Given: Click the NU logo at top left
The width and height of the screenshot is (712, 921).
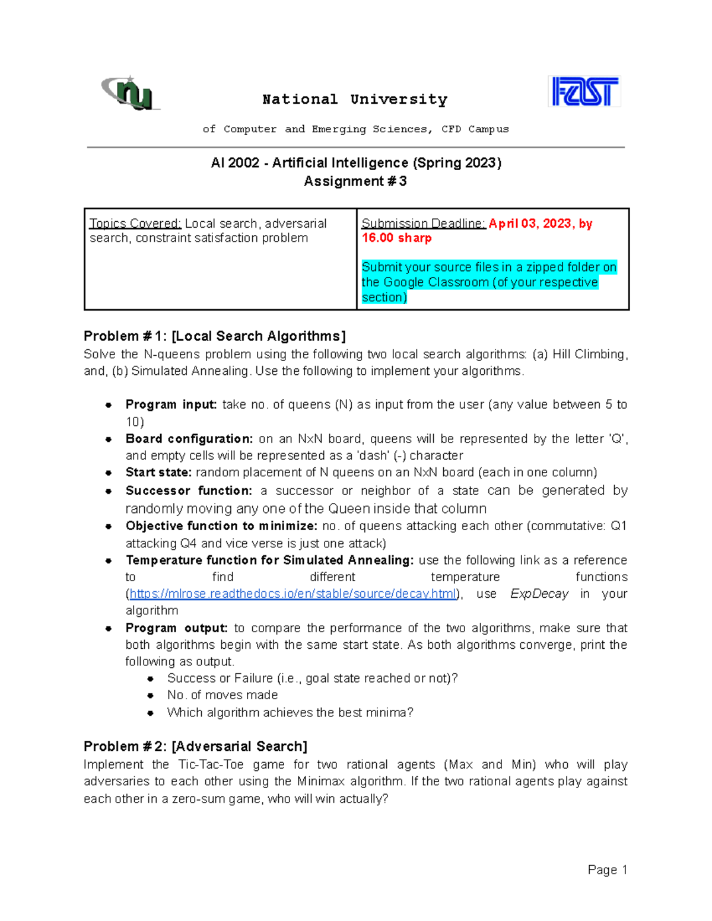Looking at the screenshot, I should (131, 93).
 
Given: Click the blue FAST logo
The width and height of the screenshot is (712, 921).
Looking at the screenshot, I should (584, 92).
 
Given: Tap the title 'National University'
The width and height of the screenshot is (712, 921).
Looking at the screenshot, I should (355, 99).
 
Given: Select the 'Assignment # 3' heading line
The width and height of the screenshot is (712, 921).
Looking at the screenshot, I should (355, 181).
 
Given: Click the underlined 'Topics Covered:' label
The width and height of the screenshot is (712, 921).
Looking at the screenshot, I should (135, 224).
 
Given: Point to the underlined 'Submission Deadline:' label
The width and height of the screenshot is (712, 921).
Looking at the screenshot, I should (424, 224).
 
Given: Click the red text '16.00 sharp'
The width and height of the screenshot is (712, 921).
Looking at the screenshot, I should (396, 238).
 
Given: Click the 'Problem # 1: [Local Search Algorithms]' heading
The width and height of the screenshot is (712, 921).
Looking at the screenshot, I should (214, 336).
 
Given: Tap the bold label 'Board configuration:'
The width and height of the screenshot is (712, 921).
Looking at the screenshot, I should (189, 439).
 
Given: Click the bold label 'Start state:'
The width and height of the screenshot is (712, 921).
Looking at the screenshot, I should (158, 473).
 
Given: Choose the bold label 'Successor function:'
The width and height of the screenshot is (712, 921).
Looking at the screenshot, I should (189, 490).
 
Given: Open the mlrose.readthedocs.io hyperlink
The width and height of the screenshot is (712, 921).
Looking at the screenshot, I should (293, 594).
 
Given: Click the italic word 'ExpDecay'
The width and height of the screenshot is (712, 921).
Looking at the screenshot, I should (539, 594).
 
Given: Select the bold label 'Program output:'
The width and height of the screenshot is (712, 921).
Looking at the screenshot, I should (176, 628).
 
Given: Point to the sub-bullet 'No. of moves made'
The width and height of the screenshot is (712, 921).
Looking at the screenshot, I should (223, 695).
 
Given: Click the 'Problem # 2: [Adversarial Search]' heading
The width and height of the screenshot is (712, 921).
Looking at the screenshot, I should (195, 747).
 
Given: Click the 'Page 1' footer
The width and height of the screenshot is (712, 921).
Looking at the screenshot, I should (607, 870).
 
